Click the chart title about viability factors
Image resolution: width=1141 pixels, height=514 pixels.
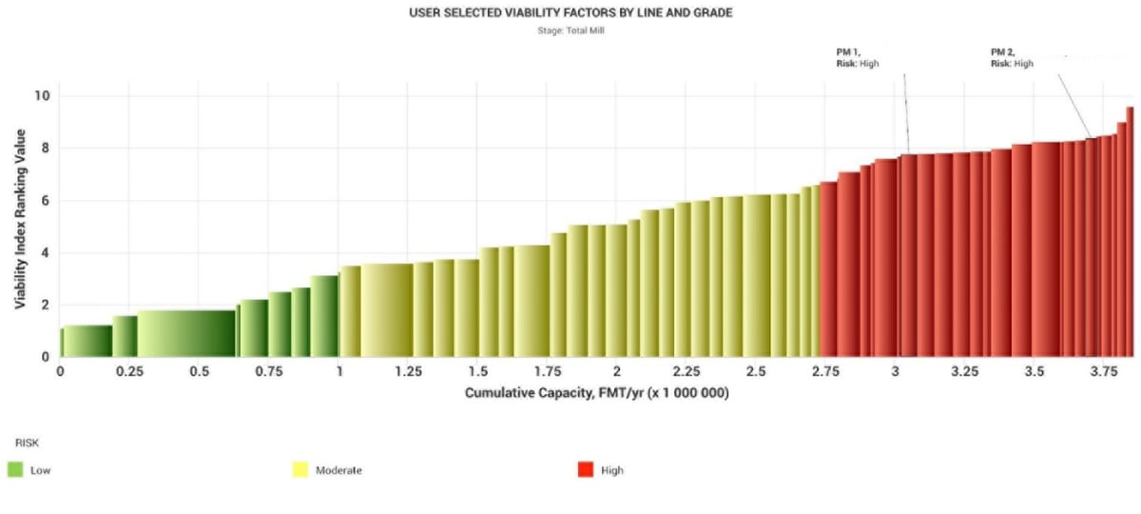[x=570, y=13]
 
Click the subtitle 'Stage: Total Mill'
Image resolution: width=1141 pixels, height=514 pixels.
[x=570, y=30]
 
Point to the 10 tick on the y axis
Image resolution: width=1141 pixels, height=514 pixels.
[x=42, y=96]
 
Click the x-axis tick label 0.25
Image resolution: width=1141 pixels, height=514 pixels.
[x=129, y=371]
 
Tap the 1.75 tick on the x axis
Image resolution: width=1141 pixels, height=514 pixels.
[x=547, y=371]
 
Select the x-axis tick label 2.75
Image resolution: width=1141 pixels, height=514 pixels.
[x=825, y=371]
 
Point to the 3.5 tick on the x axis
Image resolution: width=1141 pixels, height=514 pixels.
[x=1035, y=371]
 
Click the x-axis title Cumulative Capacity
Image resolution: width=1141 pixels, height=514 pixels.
[x=596, y=393]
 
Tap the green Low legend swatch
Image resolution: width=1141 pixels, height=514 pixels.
[x=14, y=469]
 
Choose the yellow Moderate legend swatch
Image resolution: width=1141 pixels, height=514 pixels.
[x=300, y=469]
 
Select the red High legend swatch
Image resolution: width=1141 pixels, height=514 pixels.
[x=586, y=469]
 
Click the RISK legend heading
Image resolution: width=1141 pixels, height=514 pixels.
[x=26, y=443]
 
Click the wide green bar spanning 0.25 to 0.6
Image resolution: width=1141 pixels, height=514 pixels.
[x=186, y=333]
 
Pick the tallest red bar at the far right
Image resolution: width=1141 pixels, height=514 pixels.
[x=1130, y=233]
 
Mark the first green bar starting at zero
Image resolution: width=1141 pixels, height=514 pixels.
[x=87, y=341]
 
